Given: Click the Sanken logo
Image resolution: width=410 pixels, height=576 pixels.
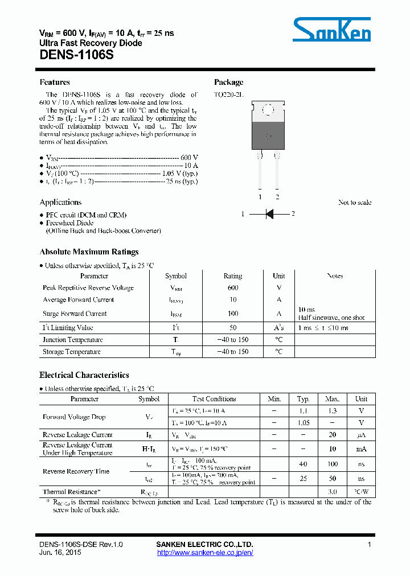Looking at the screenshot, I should coord(332,29).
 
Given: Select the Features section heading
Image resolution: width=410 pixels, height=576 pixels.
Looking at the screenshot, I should coord(55,83).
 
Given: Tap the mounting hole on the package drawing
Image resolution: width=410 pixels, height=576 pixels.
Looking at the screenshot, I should coord(268,109).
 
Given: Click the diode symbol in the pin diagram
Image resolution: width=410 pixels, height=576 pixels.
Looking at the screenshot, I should coord(269,214).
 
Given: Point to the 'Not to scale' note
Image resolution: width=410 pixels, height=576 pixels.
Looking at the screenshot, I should coord(354,203).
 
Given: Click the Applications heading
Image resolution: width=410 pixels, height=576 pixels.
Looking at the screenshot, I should coord(60,202).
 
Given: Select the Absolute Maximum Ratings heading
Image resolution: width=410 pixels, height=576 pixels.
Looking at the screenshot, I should coord(89,252).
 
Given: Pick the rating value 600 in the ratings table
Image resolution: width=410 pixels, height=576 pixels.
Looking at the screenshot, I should coord(232,288).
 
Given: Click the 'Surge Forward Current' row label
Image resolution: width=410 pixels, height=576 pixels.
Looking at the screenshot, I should coord(75,314).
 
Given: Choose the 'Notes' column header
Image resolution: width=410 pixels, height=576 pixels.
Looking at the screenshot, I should coord(335,276).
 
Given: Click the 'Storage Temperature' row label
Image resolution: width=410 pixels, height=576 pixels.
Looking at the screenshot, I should coord(72,352).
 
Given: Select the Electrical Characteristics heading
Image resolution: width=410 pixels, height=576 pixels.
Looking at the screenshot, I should coord(84,375).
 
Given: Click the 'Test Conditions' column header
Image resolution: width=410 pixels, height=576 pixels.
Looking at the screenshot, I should coord(214,399).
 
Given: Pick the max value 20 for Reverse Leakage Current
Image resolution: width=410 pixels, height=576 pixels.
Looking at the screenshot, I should coord(332,435).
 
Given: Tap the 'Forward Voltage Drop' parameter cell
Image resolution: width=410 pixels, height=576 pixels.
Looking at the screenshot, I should coord(74,417).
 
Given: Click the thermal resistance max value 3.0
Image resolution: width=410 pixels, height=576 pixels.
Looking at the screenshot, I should coord(333,492).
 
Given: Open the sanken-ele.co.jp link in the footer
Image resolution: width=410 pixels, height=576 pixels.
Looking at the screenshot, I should coord(204,553).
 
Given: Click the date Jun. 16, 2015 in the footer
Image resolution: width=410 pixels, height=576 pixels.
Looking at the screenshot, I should coord(60,553).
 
